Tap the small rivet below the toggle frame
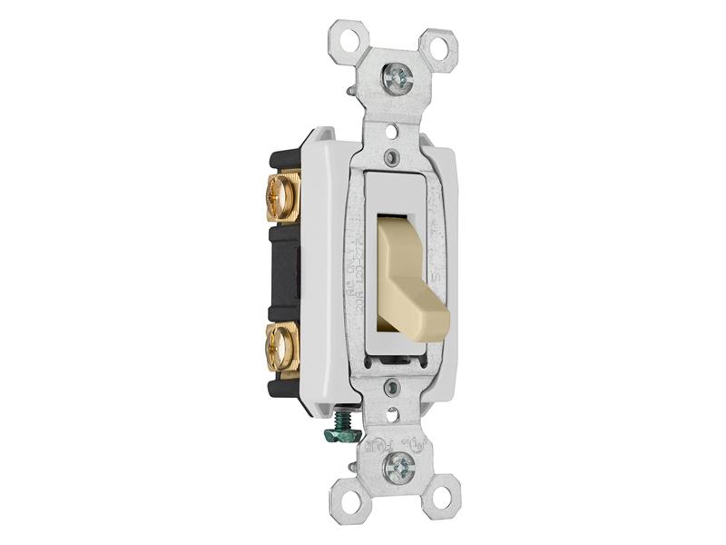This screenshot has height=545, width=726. coord(392,389)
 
